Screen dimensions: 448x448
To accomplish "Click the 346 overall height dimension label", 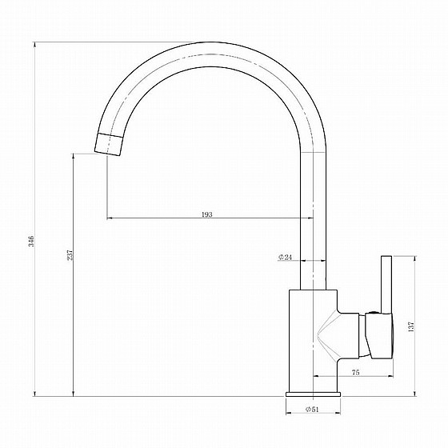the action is (31, 242).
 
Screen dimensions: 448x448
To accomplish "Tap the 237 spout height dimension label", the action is (70, 255).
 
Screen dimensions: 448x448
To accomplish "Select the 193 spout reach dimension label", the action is (207, 214).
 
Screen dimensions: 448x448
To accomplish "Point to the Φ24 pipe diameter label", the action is (285, 257).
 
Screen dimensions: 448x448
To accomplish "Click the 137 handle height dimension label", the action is (411, 326).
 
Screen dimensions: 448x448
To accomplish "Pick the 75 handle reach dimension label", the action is (356, 372).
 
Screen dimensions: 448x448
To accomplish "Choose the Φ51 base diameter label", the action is (312, 409).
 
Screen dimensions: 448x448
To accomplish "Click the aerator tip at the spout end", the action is (109, 145).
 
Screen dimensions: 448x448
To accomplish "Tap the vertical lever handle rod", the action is (386, 284).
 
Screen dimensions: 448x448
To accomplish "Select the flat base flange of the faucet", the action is (313, 394).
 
